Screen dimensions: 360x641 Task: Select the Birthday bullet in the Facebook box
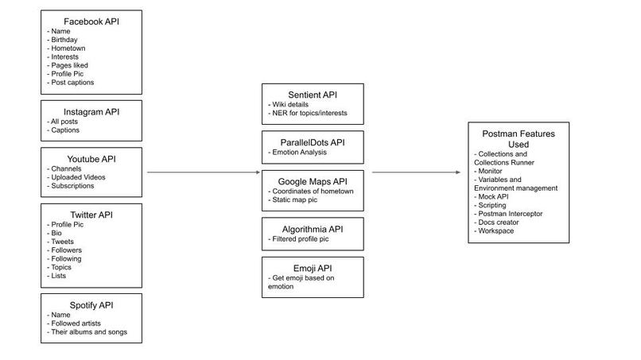[65, 39]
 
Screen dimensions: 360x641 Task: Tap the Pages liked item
[69, 65]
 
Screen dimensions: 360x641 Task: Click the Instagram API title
[91, 112]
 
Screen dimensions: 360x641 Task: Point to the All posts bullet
[65, 122]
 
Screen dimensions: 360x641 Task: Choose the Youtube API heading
[91, 159]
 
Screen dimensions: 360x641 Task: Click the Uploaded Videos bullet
[76, 177]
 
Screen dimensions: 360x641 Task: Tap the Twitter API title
[91, 215]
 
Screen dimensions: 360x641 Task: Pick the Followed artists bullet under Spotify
[76, 323]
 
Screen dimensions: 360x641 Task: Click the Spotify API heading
[91, 305]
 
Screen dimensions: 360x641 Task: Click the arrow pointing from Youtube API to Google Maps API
[204, 172]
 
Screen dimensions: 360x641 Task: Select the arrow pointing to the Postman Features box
[418, 172]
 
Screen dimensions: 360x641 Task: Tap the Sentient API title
[313, 95]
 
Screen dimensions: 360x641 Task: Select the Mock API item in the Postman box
[494, 197]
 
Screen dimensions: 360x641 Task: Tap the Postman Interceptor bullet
[510, 214]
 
